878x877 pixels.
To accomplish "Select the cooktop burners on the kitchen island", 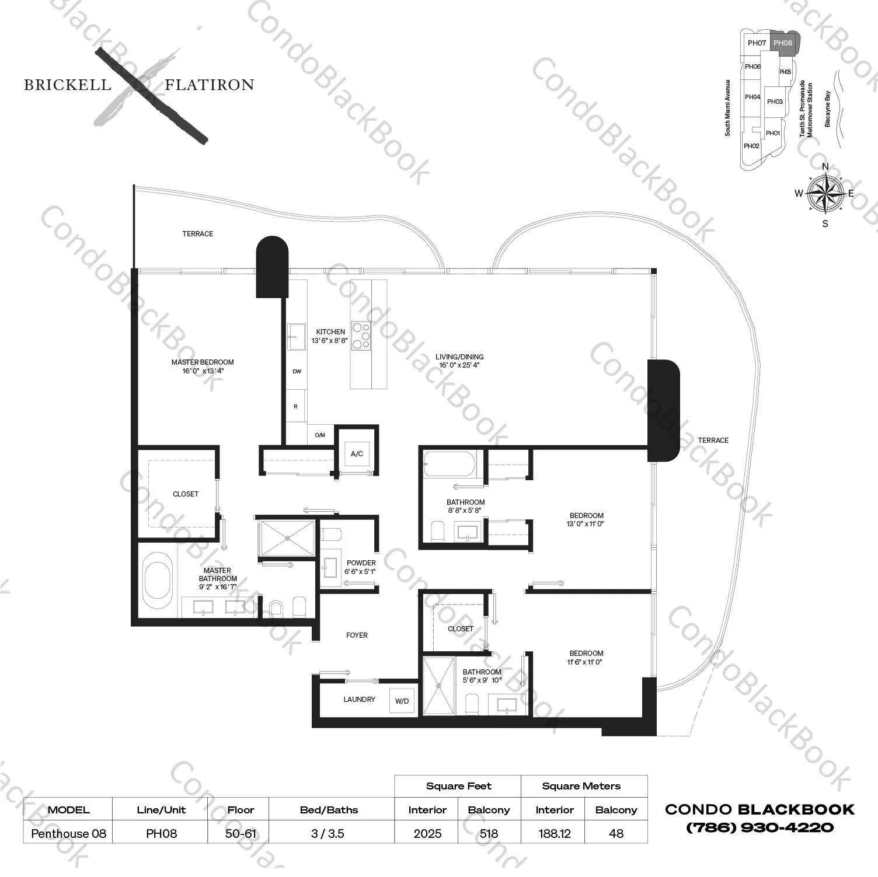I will coord(360,336).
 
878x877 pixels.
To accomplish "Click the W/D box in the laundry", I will coord(402,701).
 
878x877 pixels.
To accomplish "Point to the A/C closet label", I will coord(357,453).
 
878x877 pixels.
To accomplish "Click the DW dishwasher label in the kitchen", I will coord(297,372).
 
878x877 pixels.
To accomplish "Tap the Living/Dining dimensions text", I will coord(459,365).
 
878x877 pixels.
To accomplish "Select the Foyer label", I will coord(357,635).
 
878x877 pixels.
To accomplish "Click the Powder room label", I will coord(361,563).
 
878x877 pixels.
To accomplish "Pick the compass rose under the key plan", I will coord(825,194).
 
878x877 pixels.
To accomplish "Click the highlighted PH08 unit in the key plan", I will coord(783,43).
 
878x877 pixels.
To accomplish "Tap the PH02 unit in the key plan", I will coord(751,146).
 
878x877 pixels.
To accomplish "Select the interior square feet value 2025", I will coord(427,833).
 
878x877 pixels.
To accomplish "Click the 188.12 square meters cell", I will coord(554,833).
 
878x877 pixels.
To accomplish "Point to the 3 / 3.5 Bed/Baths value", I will coord(327,833).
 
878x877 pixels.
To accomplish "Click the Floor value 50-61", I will coord(241,833).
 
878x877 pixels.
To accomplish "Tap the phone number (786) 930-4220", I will coord(759,827).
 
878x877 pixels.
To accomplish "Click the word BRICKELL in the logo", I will coord(67,85).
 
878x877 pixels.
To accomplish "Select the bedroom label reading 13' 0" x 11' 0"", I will coord(586,523).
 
